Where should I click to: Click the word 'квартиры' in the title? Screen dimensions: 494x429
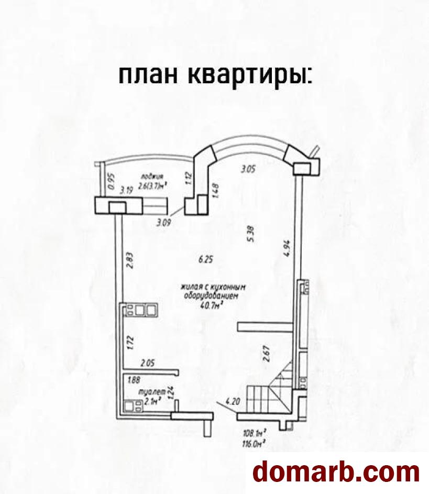click(x=248, y=76)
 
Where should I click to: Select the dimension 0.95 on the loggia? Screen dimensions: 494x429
click(x=110, y=181)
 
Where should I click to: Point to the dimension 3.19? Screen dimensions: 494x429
click(x=126, y=190)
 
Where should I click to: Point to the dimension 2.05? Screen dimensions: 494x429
click(x=149, y=362)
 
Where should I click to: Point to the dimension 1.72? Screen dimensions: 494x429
click(x=131, y=342)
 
